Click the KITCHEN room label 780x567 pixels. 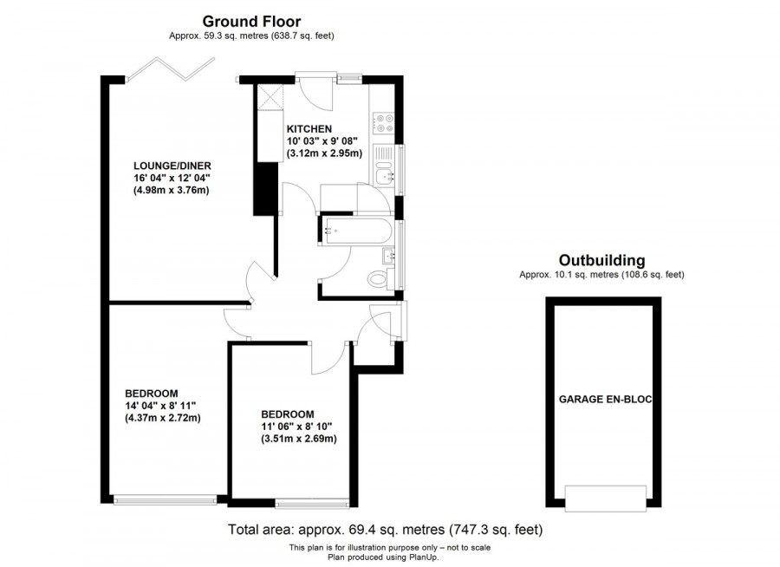pyautogui.click(x=309, y=128)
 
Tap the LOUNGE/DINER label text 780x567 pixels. pyautogui.click(x=172, y=166)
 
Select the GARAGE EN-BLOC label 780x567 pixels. pyautogui.click(x=604, y=400)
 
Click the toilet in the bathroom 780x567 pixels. pyautogui.click(x=380, y=280)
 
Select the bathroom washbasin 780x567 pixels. pyautogui.click(x=389, y=255)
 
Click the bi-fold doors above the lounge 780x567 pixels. pyautogui.click(x=169, y=69)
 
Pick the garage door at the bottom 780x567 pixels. pyautogui.click(x=605, y=497)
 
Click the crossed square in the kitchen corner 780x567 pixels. pyautogui.click(x=270, y=97)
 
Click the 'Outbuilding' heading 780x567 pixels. pyautogui.click(x=601, y=259)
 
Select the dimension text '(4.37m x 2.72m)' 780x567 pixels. pyautogui.click(x=162, y=417)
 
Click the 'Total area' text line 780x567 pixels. pyautogui.click(x=385, y=529)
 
